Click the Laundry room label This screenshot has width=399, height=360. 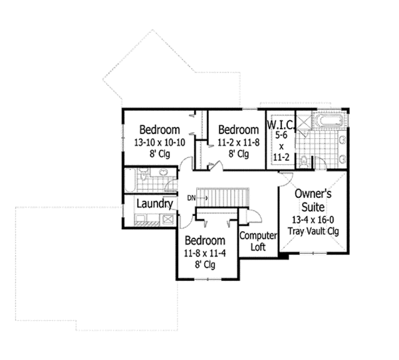coord(155,204)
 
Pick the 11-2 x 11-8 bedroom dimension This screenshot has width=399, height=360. coord(237,142)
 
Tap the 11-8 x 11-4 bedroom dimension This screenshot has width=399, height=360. coord(205,253)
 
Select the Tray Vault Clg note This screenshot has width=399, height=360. coord(314,231)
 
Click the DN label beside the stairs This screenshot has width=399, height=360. coord(191,198)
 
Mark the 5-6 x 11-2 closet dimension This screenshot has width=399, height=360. coord(280,146)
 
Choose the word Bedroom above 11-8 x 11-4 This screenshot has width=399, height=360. coord(205,240)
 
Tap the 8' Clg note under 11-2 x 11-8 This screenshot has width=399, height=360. coord(237,154)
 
